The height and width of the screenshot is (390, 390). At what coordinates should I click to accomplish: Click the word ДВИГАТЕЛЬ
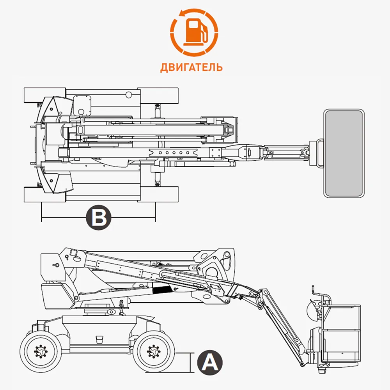point(191,67)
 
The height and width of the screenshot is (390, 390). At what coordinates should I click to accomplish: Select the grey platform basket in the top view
point(344,153)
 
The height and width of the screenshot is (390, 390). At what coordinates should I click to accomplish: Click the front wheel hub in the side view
point(151,351)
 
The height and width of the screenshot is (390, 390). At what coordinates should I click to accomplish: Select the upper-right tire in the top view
point(158,95)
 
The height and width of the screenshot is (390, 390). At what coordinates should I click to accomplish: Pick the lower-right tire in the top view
point(158,194)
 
